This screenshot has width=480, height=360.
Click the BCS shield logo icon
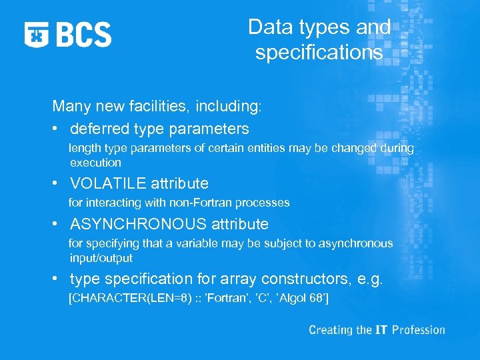(36, 34)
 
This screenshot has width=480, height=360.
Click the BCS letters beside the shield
(84, 34)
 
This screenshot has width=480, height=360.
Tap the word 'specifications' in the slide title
(319, 53)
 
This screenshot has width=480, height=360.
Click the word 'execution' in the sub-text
(95, 162)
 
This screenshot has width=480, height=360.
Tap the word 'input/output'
(101, 258)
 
